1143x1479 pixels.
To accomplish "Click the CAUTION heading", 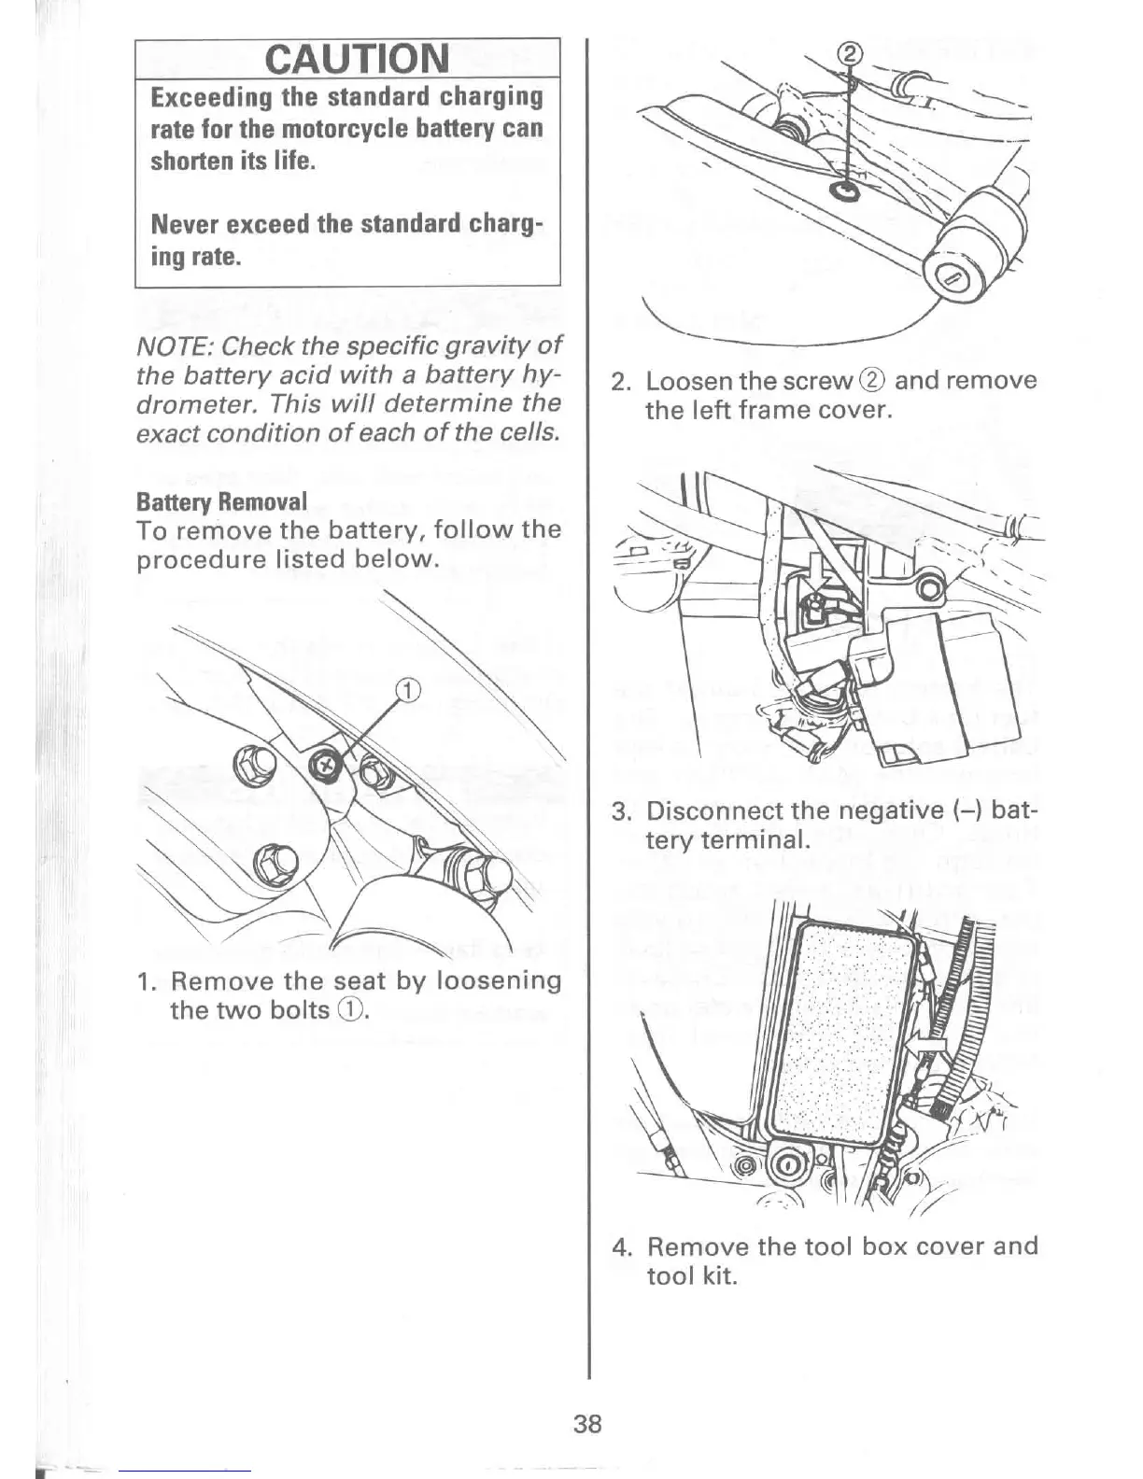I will point(357,59).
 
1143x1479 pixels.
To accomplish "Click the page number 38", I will point(588,1424).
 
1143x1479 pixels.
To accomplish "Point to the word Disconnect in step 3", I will point(713,810).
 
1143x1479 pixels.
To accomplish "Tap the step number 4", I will point(621,1247).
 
